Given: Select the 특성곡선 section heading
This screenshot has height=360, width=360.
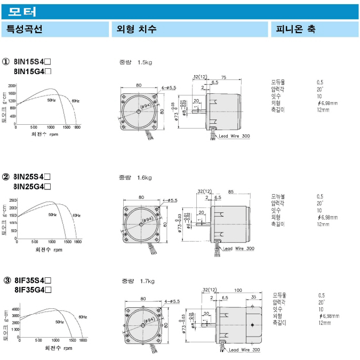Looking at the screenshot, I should pos(24,29).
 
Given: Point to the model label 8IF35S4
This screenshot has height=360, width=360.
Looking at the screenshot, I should pos(33,281).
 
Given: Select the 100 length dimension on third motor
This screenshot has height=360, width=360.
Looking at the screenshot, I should pos(238,291).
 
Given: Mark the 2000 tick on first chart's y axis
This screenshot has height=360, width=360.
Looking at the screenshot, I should pos(12,86).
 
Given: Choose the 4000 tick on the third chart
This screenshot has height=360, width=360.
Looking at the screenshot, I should pos(15,309).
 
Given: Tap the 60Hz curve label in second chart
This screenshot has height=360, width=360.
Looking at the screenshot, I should pos(76,215).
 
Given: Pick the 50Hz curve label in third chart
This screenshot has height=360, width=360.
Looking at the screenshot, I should pos(59,322).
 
